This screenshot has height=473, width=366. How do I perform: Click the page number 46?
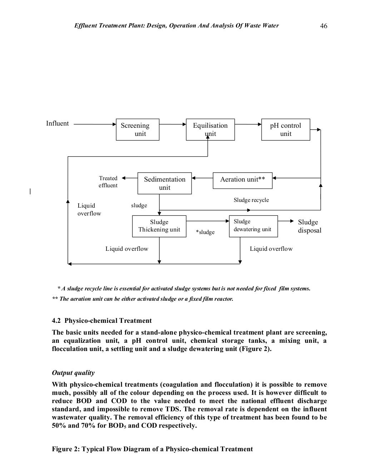[324, 26]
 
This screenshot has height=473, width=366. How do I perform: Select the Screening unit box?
[138, 129]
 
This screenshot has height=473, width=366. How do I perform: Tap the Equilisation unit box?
[210, 129]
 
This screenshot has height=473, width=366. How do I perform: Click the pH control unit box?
[286, 129]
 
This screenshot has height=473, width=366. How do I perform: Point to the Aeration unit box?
[242, 180]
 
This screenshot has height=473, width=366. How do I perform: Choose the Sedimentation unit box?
[164, 183]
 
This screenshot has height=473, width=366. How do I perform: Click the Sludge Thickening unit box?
[159, 226]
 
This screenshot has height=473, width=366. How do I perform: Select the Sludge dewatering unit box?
[253, 226]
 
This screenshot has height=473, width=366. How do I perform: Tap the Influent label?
[58, 123]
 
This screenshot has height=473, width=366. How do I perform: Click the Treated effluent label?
[108, 182]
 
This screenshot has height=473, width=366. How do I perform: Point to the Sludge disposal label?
[310, 226]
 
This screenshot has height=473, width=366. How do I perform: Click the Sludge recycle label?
[251, 200]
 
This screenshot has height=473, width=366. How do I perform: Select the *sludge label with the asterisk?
[205, 232]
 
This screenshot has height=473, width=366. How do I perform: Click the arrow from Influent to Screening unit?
[95, 124]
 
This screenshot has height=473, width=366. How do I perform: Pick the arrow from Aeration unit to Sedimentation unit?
[202, 177]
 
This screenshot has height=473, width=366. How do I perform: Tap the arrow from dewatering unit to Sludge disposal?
[286, 221]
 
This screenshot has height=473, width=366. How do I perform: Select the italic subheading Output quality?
[73, 373]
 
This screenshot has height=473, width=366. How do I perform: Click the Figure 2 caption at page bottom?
[152, 449]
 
